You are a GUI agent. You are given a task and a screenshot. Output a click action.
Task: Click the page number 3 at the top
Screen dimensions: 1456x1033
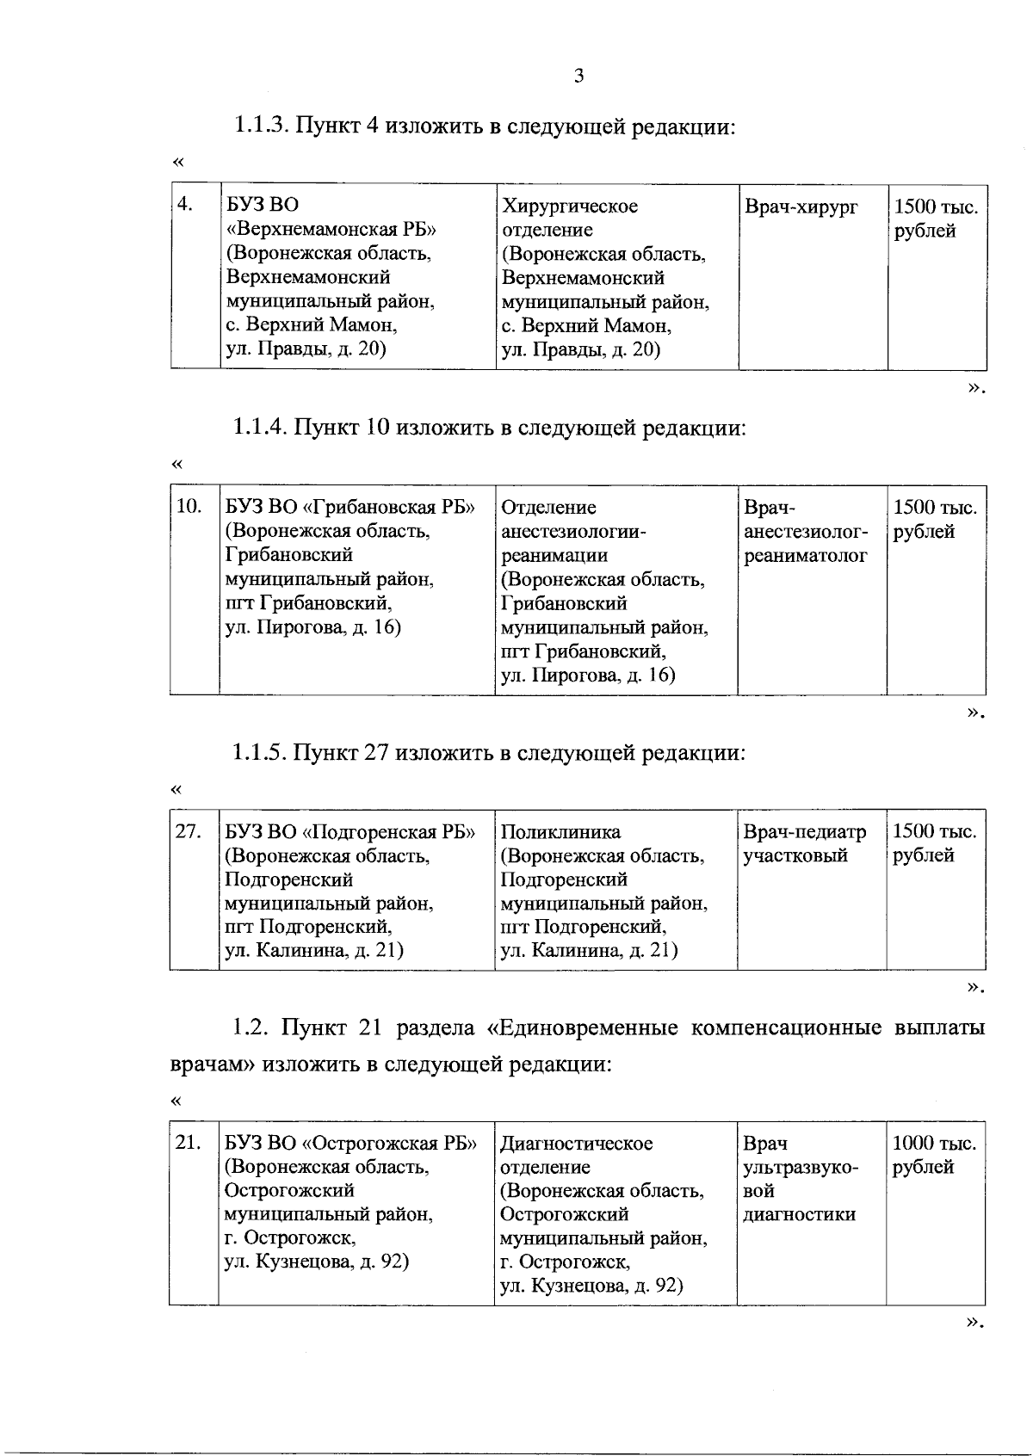pos(578,77)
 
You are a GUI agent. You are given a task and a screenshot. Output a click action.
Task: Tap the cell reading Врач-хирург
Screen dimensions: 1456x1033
pos(801,207)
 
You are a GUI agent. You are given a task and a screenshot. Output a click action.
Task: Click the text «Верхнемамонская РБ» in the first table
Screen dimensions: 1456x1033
pos(331,230)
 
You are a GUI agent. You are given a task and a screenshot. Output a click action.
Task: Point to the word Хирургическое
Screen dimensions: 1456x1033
pos(570,207)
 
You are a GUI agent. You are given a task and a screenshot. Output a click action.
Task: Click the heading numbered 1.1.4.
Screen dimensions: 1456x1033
pos(488,428)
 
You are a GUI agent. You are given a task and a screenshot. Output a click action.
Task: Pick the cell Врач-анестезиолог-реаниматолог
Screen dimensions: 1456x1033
pos(806,532)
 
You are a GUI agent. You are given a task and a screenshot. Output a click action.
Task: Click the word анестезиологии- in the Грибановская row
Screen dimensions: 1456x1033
pos(572,531)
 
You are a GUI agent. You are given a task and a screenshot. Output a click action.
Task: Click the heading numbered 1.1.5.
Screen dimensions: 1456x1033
pos(488,753)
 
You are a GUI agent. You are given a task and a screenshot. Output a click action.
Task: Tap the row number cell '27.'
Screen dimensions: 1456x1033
pos(189,831)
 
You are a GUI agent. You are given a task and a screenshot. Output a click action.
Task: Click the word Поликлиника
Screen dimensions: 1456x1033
pos(560,832)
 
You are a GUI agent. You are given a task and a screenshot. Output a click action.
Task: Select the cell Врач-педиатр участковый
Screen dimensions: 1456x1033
pos(804,843)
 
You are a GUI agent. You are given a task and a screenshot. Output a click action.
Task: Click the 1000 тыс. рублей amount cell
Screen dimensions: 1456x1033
pos(934,1155)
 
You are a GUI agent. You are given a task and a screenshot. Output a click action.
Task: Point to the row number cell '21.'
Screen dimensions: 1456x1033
pos(188,1143)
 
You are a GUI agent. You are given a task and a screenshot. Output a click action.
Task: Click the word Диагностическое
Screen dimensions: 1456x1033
pos(576,1144)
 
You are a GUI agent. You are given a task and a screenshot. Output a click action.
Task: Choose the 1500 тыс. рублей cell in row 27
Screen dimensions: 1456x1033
pos(934,843)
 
